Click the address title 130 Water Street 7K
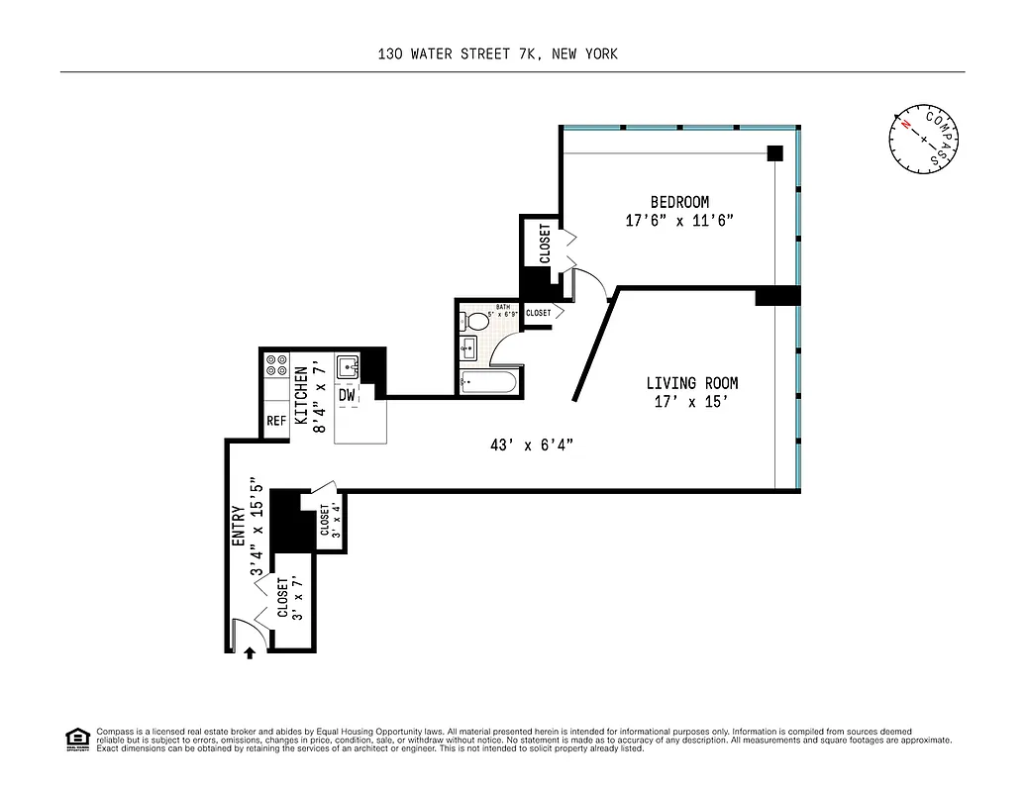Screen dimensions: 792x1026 pos(497,54)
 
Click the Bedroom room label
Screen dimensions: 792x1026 pos(679,202)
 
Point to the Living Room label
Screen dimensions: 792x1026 pos(692,383)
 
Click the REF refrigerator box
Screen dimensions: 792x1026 pos(276,421)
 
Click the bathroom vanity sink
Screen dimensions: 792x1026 pos(468,347)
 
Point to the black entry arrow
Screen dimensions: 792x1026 pos(250,652)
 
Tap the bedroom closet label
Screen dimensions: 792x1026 pos(544,244)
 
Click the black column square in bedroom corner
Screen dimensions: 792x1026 pos(775,152)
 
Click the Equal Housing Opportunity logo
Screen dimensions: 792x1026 pos(75,739)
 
